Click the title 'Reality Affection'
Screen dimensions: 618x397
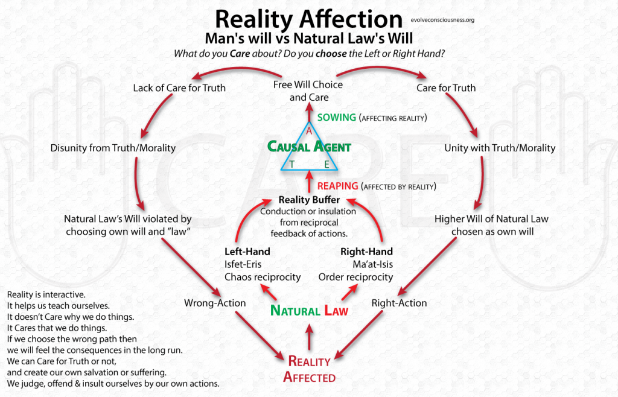[308, 19]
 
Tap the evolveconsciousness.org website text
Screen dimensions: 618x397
[442, 20]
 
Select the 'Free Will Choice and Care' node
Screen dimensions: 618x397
[308, 91]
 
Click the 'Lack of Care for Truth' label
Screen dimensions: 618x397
[179, 88]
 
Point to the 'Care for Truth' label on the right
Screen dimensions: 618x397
[446, 88]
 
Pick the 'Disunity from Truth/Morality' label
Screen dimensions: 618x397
[113, 148]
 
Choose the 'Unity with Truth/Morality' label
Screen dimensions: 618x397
[500, 148]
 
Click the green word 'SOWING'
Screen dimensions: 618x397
[337, 118]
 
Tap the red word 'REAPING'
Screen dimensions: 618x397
[338, 186]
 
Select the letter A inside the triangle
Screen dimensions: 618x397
[309, 131]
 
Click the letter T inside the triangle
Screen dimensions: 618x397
[291, 165]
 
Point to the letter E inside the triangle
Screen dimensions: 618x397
[327, 165]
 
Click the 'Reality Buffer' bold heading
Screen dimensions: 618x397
[309, 200]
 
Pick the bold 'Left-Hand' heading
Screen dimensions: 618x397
[247, 252]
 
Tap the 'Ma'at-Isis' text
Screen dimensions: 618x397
[373, 264]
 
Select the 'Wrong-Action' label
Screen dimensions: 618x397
[215, 303]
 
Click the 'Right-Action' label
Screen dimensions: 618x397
[400, 303]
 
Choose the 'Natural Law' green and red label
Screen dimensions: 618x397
[310, 311]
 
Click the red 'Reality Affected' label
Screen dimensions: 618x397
[310, 369]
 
